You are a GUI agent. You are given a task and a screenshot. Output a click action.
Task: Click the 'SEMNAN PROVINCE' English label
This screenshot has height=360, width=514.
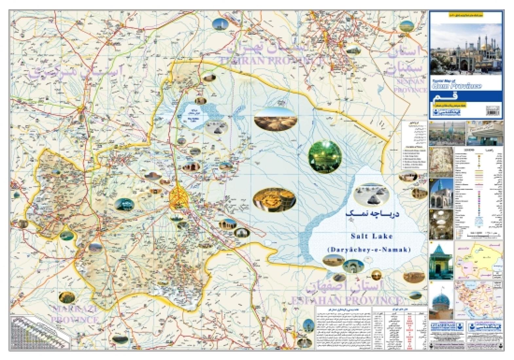click(x=411, y=85)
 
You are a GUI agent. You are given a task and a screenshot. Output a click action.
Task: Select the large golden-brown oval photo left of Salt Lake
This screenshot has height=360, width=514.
click(x=274, y=199)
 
